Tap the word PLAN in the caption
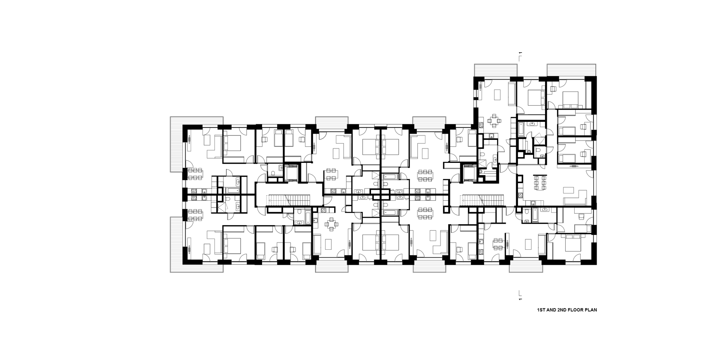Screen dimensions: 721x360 pyautogui.click(x=590, y=310)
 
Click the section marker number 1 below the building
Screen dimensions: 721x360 pyautogui.click(x=520, y=299)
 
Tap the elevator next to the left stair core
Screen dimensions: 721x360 pyautogui.click(x=291, y=173)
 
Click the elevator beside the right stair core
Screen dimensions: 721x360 pyautogui.click(x=469, y=173)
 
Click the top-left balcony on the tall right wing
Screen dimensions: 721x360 pyautogui.click(x=495, y=70)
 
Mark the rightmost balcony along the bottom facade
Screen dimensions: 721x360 pyautogui.click(x=526, y=266)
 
